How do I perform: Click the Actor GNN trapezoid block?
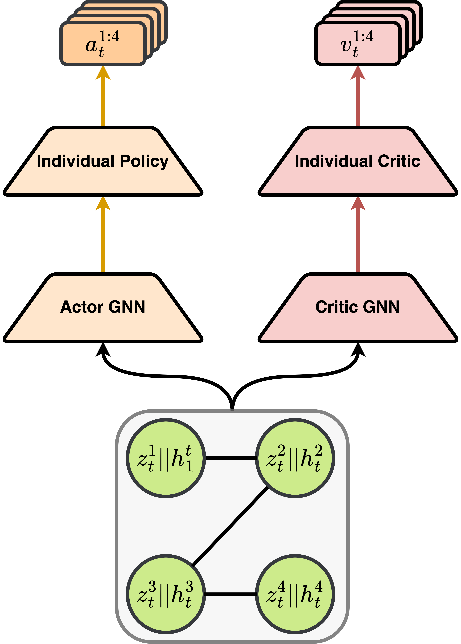coord(103,308)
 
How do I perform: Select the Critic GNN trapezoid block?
coord(358,308)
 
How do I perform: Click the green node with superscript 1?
coord(166,458)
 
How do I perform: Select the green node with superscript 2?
coord(295,458)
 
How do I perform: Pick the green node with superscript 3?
coord(166,594)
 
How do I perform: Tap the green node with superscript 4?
coord(295,594)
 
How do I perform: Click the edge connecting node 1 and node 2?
coord(230,458)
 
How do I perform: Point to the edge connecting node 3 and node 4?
coord(230,594)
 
